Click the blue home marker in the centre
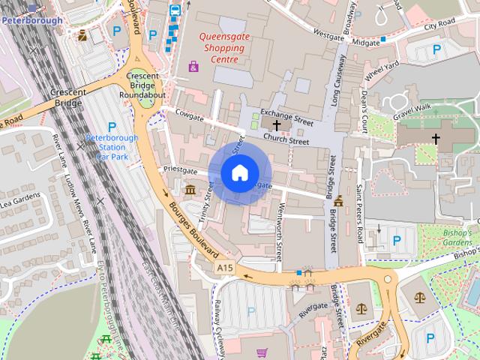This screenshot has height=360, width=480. [238, 172]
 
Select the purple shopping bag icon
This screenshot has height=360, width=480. [193, 67]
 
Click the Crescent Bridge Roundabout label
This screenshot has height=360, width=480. [146, 85]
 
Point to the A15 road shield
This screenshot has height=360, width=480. [224, 267]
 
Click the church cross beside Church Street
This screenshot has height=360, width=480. [277, 126]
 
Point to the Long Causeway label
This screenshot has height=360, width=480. [338, 82]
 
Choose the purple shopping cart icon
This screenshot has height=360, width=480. [262, 352]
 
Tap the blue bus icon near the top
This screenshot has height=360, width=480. [175, 10]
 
